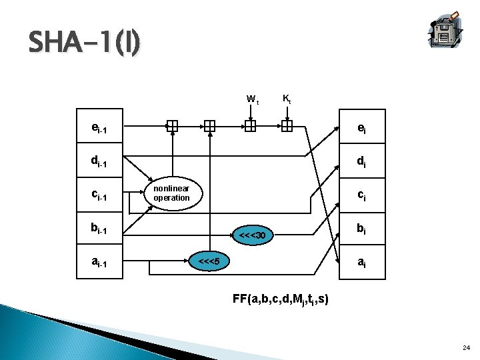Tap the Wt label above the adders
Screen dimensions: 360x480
click(252, 100)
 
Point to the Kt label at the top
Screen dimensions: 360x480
click(287, 99)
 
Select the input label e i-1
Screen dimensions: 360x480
click(102, 127)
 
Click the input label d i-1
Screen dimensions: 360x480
click(102, 162)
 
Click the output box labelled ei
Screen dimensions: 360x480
click(361, 128)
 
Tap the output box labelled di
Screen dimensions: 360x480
click(361, 162)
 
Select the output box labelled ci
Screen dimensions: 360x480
click(361, 196)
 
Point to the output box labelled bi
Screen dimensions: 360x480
click(361, 231)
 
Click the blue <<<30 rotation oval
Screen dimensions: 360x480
click(253, 235)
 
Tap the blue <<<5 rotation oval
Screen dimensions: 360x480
click(213, 261)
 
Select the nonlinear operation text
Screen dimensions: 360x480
click(171, 193)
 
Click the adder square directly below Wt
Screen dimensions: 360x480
click(250, 126)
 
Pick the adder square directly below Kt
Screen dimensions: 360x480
click(287, 126)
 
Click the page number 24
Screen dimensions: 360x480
click(465, 347)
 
